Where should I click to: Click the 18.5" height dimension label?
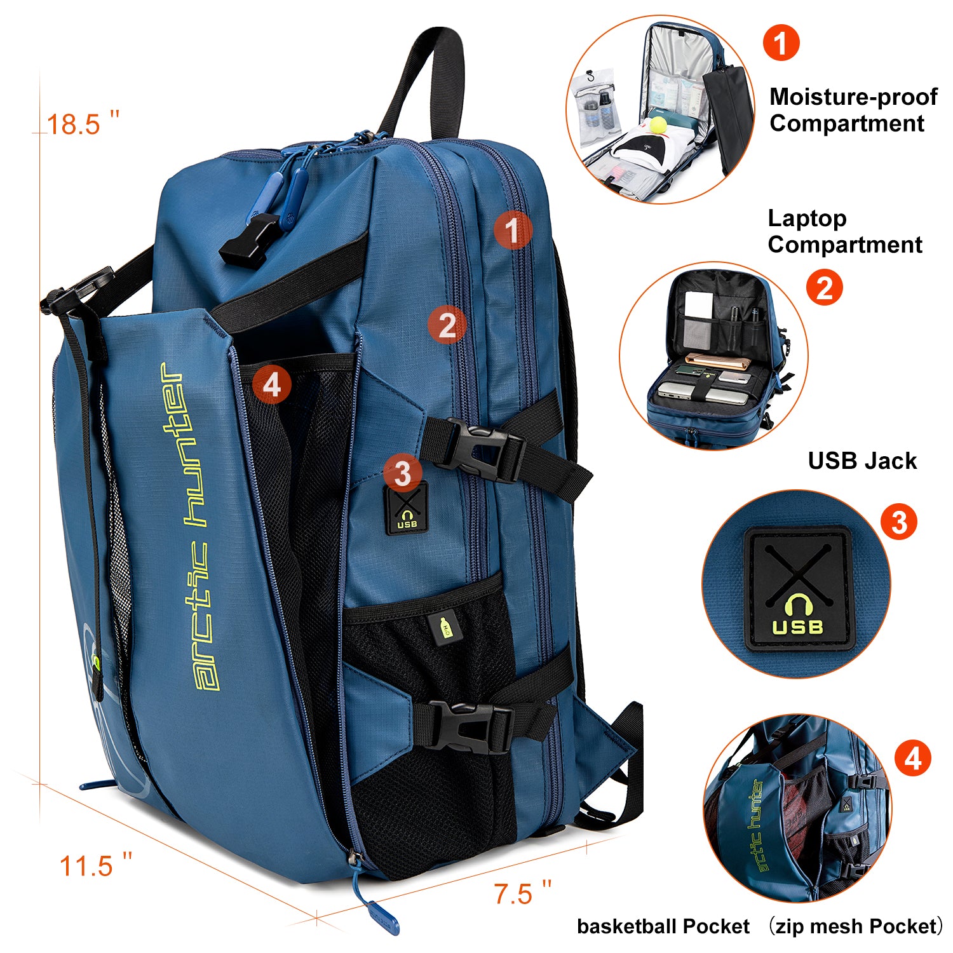(x=83, y=124)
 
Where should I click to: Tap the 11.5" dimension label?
(x=95, y=865)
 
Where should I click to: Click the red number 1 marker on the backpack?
(x=512, y=229)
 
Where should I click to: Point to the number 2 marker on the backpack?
(x=447, y=325)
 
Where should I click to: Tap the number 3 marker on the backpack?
(x=402, y=473)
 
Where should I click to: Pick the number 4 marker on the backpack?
(x=271, y=384)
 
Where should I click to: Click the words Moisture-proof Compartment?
(x=853, y=110)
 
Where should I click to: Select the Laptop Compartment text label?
(x=845, y=231)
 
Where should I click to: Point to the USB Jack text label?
(x=862, y=461)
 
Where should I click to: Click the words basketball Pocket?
(x=663, y=926)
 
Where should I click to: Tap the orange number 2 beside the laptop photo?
(x=824, y=288)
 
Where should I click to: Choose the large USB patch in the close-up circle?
(x=797, y=588)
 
